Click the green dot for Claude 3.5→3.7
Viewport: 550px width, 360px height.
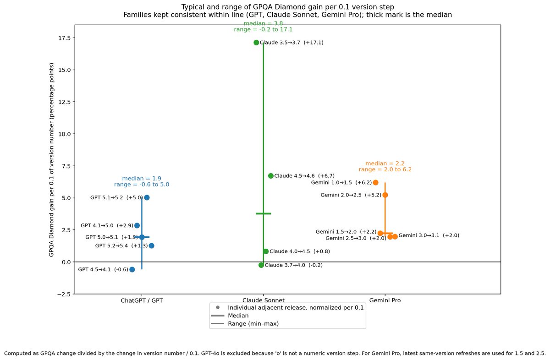pyautogui.click(x=256, y=43)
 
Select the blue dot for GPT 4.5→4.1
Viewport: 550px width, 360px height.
pyautogui.click(x=132, y=269)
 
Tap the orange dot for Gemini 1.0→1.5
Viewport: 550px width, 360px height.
pyautogui.click(x=375, y=182)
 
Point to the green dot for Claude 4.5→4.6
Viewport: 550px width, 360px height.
pyautogui.click(x=270, y=176)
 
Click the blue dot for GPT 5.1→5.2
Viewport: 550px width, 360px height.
pyautogui.click(x=147, y=197)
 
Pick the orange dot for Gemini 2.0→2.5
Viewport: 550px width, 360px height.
pyautogui.click(x=385, y=195)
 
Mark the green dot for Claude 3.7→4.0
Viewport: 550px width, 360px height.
pyautogui.click(x=261, y=265)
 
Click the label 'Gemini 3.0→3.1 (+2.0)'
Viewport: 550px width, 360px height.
pyautogui.click(x=429, y=235)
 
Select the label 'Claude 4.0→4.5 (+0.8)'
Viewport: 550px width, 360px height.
pyautogui.click(x=299, y=251)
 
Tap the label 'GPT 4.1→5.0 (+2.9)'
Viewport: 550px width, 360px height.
pyautogui.click(x=107, y=225)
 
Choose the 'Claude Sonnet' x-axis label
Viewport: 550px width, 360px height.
pyautogui.click(x=263, y=301)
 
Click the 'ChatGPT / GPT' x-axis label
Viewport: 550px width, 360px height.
pyautogui.click(x=142, y=301)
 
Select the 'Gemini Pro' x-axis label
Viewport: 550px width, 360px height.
pyautogui.click(x=385, y=301)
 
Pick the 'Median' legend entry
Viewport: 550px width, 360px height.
pyautogui.click(x=238, y=316)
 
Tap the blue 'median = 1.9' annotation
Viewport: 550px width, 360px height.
pyautogui.click(x=142, y=179)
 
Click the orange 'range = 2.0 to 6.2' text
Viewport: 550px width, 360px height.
pyautogui.click(x=385, y=169)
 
